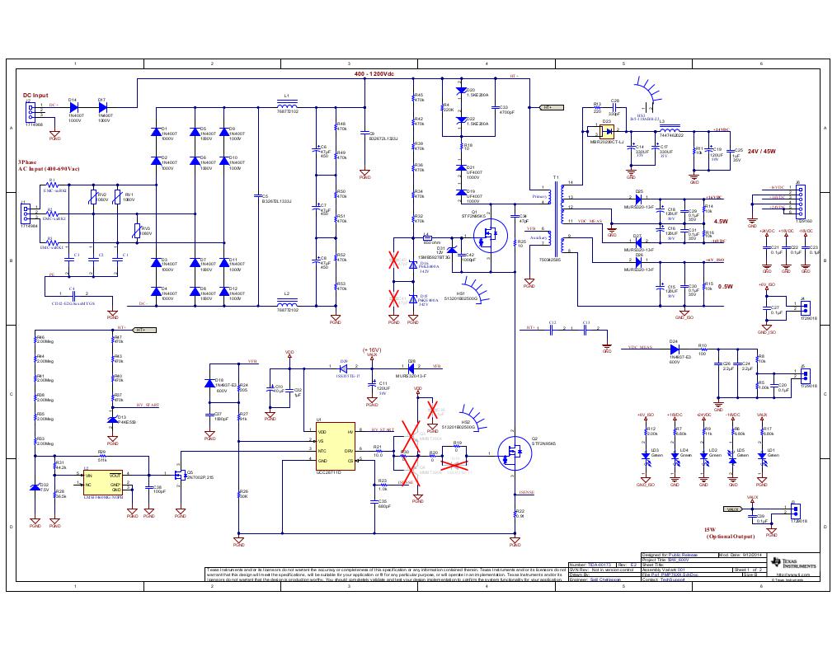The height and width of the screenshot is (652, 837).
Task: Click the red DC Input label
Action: [x=35, y=96]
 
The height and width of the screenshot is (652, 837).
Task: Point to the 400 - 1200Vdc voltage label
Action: [x=374, y=74]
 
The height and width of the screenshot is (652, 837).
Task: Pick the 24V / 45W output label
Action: [x=761, y=151]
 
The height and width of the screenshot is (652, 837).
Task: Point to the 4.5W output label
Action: [x=720, y=222]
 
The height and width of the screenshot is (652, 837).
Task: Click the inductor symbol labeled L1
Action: [x=287, y=105]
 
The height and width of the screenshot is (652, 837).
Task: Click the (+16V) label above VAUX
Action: [x=371, y=350]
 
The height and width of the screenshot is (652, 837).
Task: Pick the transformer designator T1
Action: [x=556, y=179]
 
